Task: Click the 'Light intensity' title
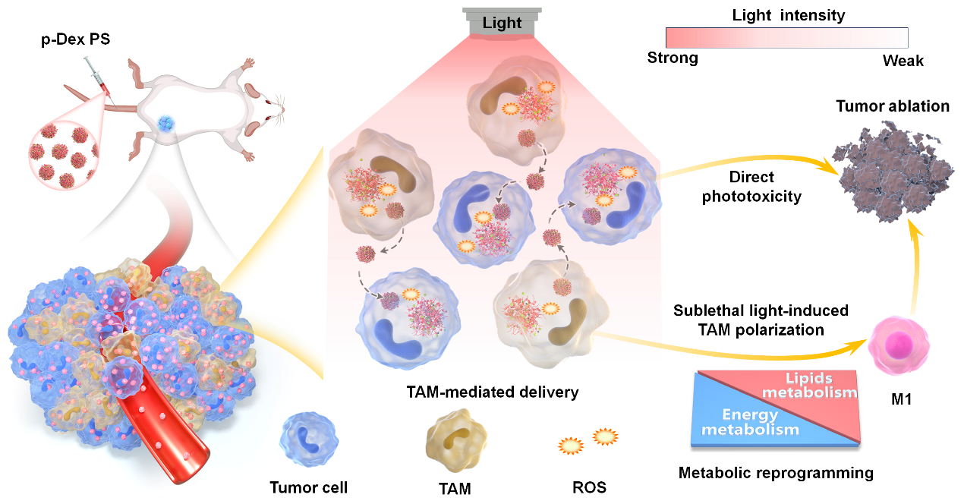[788, 14]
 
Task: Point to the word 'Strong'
[672, 58]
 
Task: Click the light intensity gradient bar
[786, 37]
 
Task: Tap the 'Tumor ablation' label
[893, 106]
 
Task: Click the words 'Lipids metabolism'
[809, 384]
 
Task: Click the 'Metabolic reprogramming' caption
[776, 473]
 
